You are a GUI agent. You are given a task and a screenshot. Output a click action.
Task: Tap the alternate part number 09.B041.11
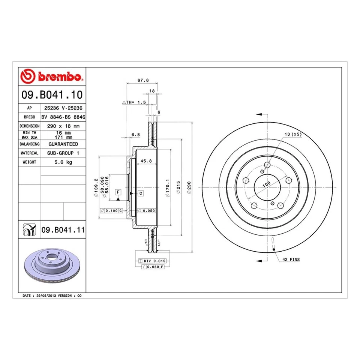coord(62,229)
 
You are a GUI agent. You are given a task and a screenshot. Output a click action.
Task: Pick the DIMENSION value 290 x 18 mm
coord(63,126)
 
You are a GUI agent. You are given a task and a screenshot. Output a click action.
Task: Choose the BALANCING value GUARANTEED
coord(63,144)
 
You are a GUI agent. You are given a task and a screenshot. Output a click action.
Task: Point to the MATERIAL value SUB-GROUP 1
coord(63,153)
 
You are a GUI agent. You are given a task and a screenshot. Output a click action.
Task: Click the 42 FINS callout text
coord(291,259)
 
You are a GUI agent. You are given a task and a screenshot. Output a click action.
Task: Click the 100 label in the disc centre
coord(266,184)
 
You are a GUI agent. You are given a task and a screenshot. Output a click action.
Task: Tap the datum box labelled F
coord(118,192)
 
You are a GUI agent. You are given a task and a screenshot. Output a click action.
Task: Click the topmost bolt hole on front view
coord(267,165)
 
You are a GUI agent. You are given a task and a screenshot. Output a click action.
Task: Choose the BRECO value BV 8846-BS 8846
coord(63,117)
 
